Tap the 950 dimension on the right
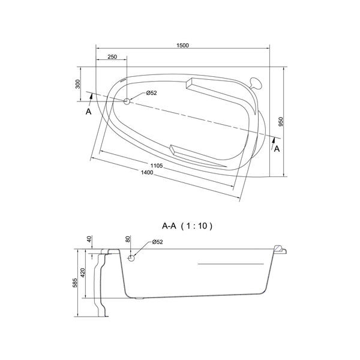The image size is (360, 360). click(x=281, y=122)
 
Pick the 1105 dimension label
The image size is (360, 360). click(x=157, y=165)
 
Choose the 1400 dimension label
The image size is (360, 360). click(x=146, y=173)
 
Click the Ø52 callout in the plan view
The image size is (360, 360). click(x=151, y=93)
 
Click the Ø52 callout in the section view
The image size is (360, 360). click(x=157, y=242)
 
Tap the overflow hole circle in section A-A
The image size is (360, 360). click(x=132, y=257)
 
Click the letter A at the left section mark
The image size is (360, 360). click(x=88, y=112)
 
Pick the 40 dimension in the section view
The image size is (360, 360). click(x=89, y=239)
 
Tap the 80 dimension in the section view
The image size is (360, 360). click(x=128, y=239)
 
